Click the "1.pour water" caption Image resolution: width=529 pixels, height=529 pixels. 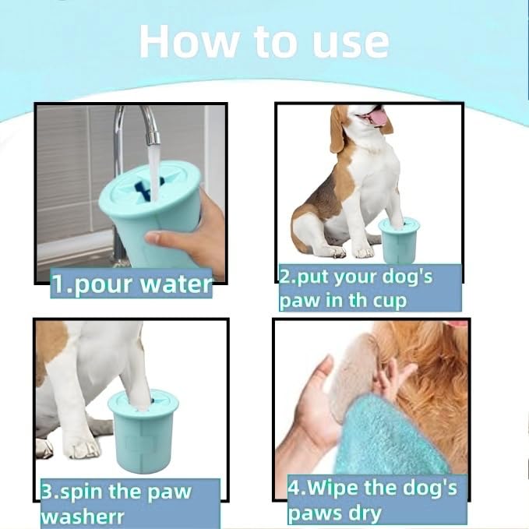coord(131,284)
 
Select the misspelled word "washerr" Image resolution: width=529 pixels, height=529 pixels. coord(80,516)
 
